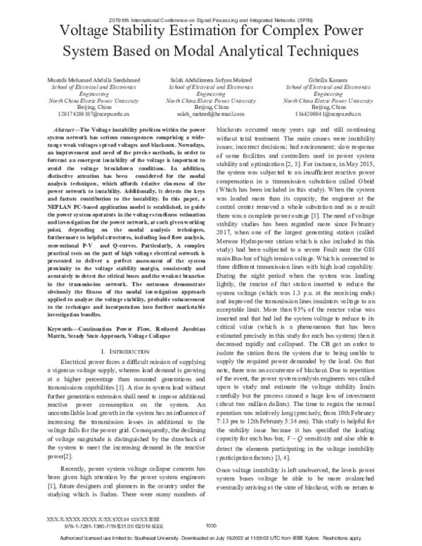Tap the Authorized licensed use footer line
click(210, 537)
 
